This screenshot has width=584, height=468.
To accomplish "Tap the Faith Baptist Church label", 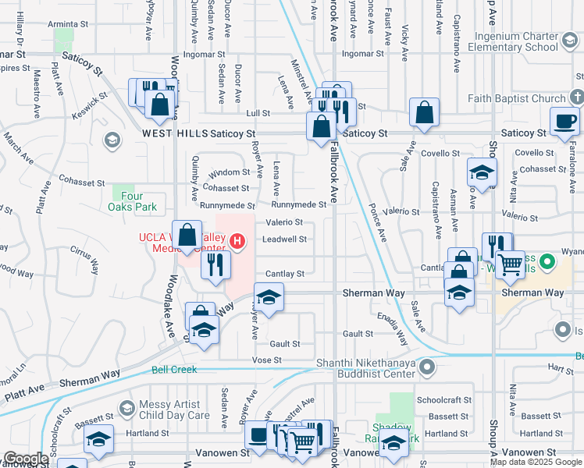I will click(517, 99).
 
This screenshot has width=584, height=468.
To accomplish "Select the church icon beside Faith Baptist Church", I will click(576, 98).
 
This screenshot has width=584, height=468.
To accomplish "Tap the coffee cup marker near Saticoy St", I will click(565, 121).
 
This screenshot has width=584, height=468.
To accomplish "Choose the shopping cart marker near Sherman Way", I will click(511, 265).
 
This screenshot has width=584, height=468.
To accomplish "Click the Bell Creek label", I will click(174, 370).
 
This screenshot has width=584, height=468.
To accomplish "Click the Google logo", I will click(26, 459).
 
